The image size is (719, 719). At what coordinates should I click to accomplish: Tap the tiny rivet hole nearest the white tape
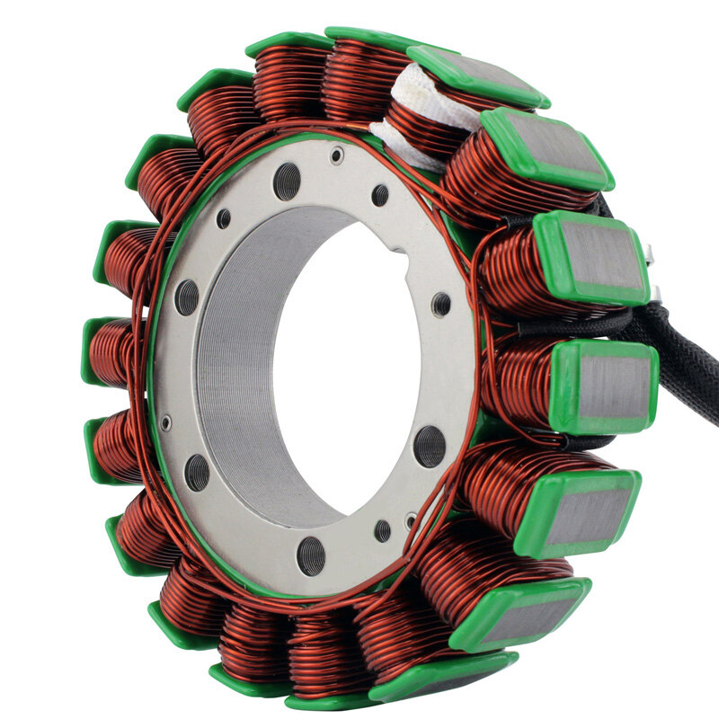(336, 155)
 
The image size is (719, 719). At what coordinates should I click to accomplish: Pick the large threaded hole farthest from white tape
(311, 555)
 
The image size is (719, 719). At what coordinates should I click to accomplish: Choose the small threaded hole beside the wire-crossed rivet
(383, 530)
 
